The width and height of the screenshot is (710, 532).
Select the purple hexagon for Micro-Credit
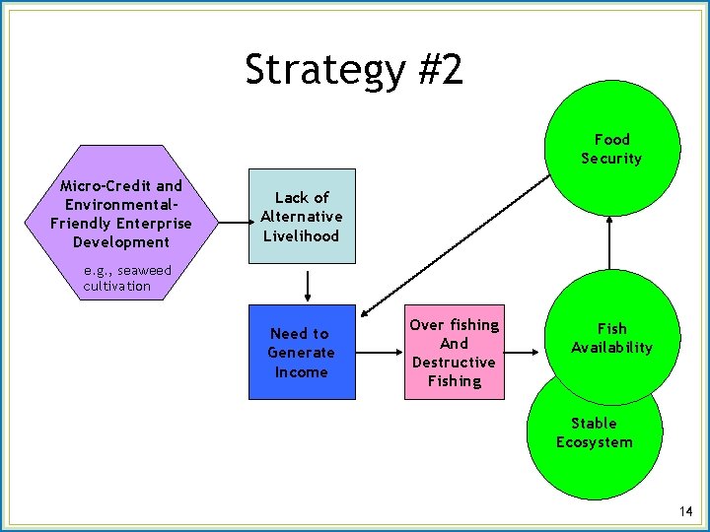[121, 213]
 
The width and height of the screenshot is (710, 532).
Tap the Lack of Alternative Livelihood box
[301, 216]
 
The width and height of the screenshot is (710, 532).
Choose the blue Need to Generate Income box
[301, 352]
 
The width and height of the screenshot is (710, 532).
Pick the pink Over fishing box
[454, 352]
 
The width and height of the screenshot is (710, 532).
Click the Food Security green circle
[611, 148]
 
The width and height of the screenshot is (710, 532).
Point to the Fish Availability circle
[611, 338]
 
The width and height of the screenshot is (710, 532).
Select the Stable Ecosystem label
[594, 432]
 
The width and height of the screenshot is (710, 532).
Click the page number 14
[686, 511]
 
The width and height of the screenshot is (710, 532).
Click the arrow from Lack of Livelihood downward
[309, 285]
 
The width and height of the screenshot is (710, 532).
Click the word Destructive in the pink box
[454, 362]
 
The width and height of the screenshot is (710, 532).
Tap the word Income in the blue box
[301, 371]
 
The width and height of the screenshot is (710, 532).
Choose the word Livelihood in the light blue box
[301, 235]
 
